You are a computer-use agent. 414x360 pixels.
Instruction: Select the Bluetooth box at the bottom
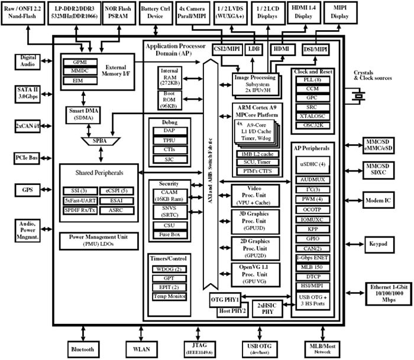point(82,349)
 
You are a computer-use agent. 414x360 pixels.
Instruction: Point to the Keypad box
point(380,244)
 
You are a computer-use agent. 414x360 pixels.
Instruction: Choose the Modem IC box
point(380,201)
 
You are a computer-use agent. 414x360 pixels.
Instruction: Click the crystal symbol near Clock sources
point(358,95)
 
